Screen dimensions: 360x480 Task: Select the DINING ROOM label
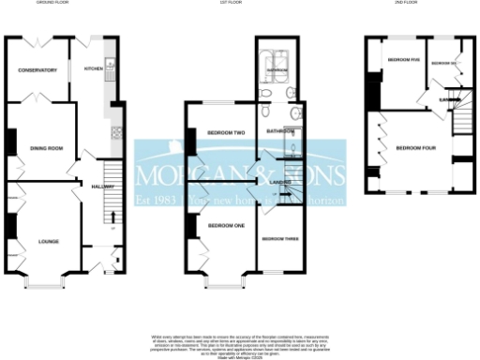tap(47, 147)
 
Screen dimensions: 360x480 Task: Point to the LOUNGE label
tap(49, 241)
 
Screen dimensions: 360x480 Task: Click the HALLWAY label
tap(103, 187)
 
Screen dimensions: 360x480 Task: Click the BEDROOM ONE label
tap(226, 226)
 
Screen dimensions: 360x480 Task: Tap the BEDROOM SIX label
tap(443, 62)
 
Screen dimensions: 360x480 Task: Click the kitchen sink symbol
tap(111, 65)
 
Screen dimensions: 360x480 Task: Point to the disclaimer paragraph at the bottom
tap(240, 343)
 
